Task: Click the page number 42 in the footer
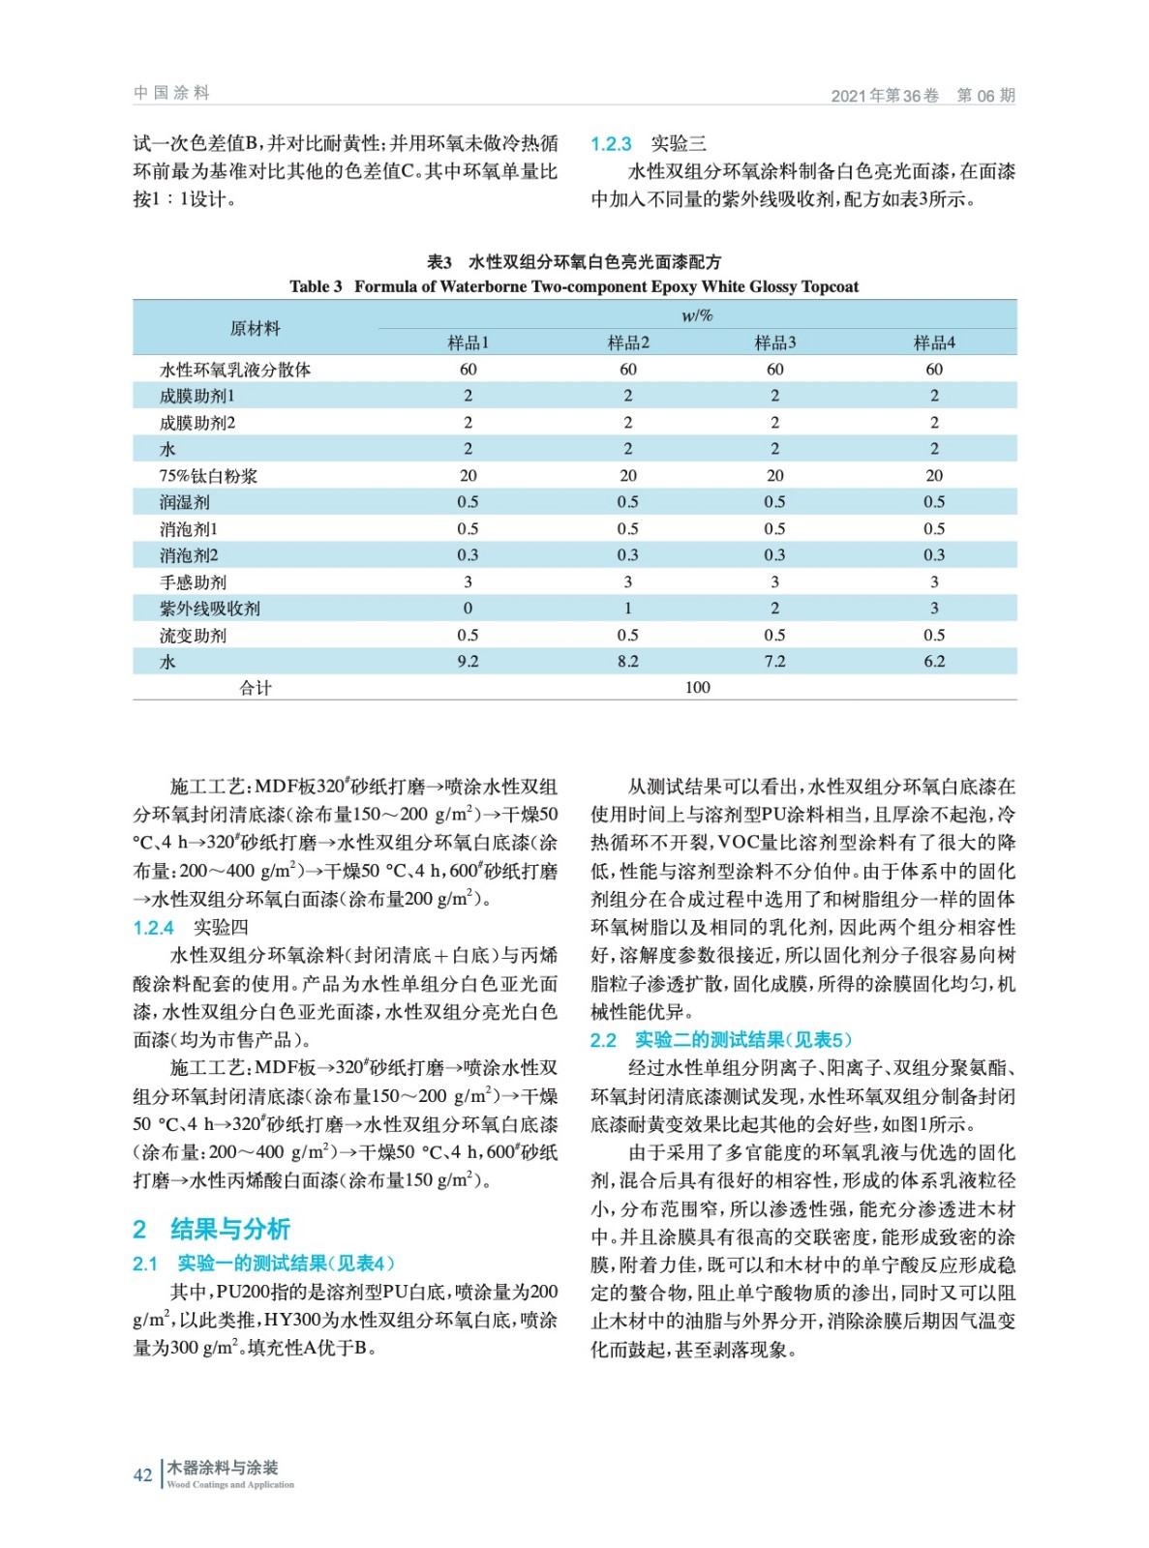[142, 1474]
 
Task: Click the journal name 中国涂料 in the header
[171, 93]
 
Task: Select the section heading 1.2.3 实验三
[648, 144]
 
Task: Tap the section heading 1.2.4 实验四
[190, 927]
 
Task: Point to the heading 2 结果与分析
[211, 1229]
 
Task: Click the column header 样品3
[774, 342]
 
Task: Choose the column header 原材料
[255, 329]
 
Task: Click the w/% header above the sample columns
[697, 315]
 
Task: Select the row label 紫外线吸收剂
[209, 609]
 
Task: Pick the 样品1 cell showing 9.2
[468, 662]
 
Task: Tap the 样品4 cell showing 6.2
[933, 662]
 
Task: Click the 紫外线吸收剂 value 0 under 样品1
[468, 609]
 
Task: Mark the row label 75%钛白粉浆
[208, 476]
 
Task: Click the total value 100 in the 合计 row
[697, 688]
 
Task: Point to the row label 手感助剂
[193, 582]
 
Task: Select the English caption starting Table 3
[573, 286]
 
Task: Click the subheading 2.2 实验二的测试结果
[721, 1040]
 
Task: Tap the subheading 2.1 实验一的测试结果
[263, 1263]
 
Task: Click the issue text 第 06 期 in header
[985, 96]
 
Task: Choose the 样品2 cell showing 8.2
[627, 662]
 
